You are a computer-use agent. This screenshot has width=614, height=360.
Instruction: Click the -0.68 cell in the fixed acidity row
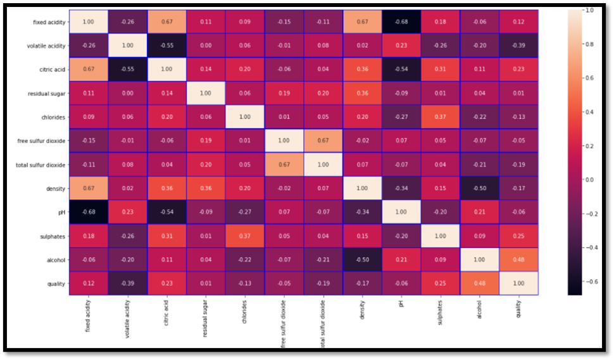[x=401, y=22]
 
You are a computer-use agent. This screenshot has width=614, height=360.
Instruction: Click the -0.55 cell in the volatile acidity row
[x=166, y=46]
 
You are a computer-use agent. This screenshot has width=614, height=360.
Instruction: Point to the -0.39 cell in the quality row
[x=127, y=283]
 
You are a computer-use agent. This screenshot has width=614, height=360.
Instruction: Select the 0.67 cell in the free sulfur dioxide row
[x=323, y=140]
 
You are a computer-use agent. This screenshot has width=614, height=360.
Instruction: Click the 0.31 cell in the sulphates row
[x=166, y=236]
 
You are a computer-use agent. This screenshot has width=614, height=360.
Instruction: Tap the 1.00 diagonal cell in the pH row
[x=401, y=212]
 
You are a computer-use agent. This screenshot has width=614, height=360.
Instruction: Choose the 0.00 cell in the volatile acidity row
[x=206, y=46]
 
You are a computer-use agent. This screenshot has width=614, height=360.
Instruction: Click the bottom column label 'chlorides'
[x=245, y=314]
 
